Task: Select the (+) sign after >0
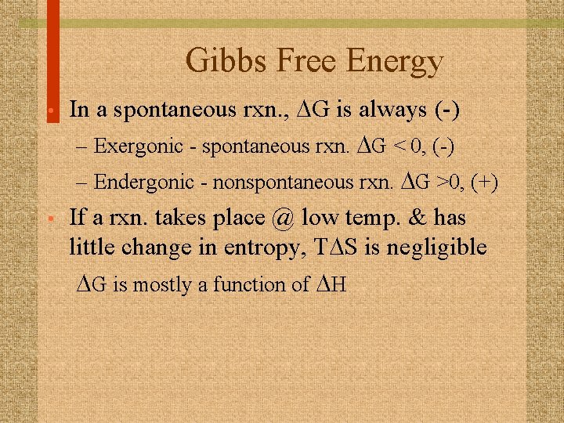483,183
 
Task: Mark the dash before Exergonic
83,146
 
